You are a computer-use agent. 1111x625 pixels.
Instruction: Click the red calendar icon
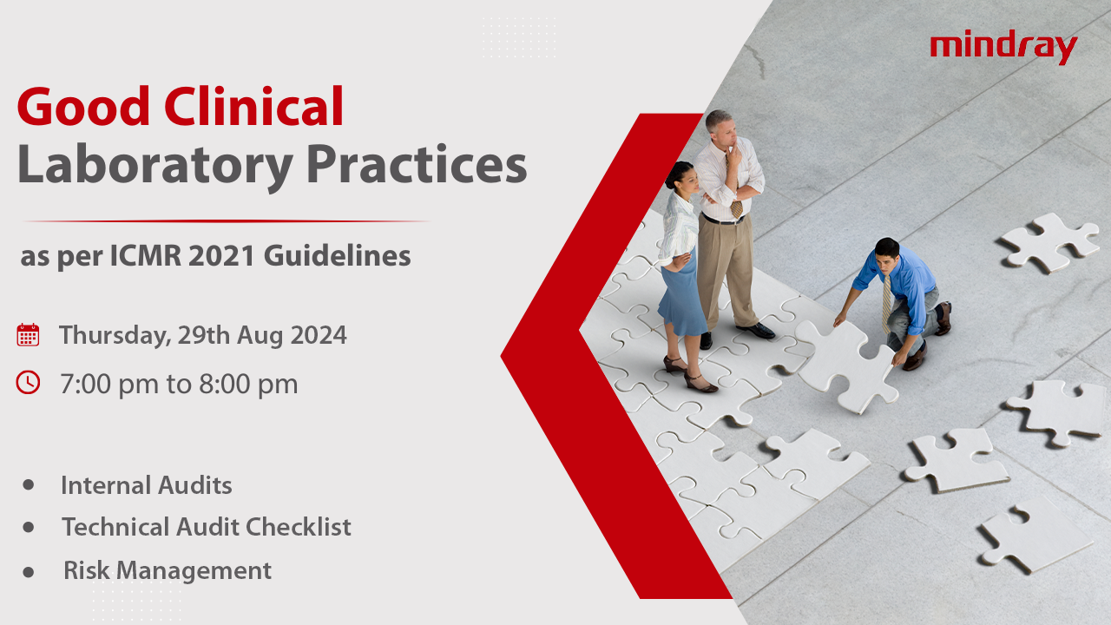click(28, 335)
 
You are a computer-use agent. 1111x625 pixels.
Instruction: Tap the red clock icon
click(28, 382)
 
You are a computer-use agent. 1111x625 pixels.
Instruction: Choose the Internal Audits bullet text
click(146, 485)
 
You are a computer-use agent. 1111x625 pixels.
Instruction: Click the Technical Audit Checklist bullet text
click(206, 527)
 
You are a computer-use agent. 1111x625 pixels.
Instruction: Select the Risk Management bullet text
click(167, 570)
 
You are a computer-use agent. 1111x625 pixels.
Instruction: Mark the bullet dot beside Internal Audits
click(29, 484)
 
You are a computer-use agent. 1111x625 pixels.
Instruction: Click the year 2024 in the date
click(319, 335)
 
